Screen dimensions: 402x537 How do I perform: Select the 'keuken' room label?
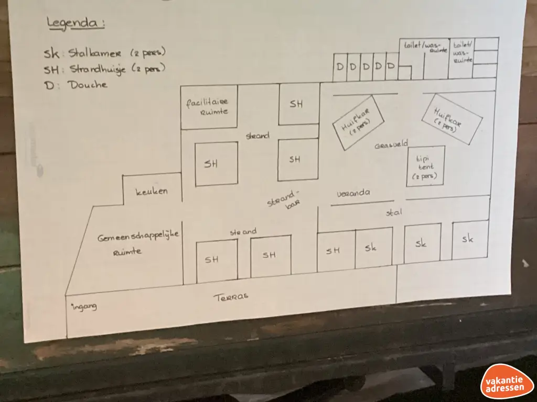click(x=152, y=192)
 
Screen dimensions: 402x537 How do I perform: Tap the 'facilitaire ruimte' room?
click(x=207, y=106)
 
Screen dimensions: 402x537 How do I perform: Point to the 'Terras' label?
click(x=231, y=297)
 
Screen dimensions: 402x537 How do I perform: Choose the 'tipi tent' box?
click(x=426, y=166)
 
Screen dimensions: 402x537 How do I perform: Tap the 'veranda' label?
click(x=353, y=193)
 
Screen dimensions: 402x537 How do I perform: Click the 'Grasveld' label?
click(x=391, y=145)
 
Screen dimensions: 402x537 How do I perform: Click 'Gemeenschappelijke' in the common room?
click(x=138, y=237)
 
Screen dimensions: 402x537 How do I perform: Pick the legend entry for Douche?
click(x=76, y=85)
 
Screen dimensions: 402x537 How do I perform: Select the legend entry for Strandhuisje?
click(x=105, y=69)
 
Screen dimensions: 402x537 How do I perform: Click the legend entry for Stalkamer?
click(x=105, y=53)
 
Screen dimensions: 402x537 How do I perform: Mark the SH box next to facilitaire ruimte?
click(x=298, y=104)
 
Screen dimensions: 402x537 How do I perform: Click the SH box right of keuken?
click(x=216, y=164)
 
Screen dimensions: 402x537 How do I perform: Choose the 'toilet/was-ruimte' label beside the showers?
click(x=425, y=48)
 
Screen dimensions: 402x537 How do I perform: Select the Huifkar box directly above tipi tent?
click(x=452, y=118)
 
